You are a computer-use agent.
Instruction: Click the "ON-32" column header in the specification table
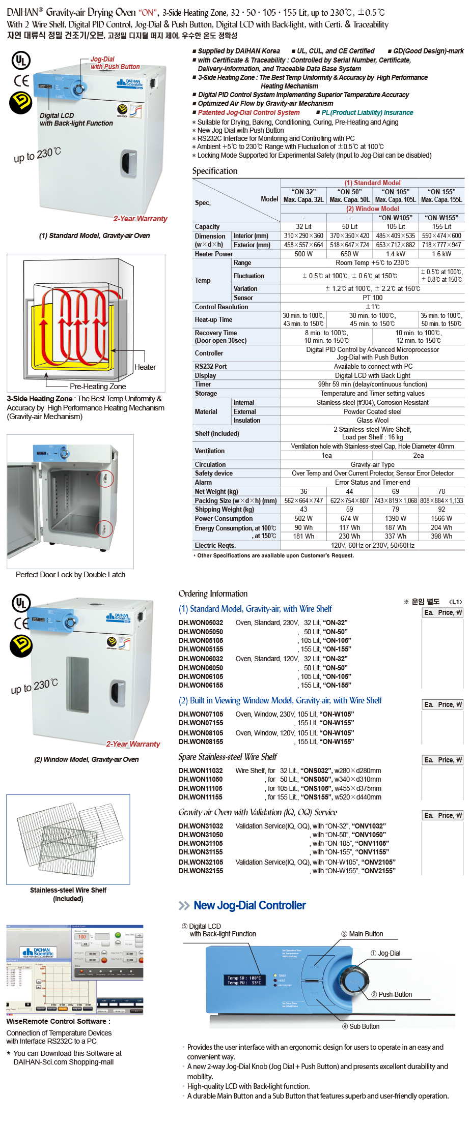303,195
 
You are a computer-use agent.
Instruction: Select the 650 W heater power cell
349,254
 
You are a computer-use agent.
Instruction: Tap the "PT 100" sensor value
372,298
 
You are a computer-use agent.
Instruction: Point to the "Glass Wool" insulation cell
372,421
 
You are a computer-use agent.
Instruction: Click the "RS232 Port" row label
211,366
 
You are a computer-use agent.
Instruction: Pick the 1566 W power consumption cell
441,518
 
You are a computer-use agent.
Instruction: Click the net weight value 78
441,491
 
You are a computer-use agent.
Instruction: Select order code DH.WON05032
201,623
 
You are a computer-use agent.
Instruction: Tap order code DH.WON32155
201,871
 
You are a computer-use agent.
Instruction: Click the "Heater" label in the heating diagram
145,367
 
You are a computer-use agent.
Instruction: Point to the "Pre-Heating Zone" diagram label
98,387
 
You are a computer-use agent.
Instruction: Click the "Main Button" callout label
366,934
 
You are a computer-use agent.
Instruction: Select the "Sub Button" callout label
364,1026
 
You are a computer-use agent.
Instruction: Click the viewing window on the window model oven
77,685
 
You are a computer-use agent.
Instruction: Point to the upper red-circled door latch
105,479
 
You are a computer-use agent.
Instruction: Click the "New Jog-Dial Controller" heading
250,905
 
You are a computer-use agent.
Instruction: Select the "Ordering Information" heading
213,594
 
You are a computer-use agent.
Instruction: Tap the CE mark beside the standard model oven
21,80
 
